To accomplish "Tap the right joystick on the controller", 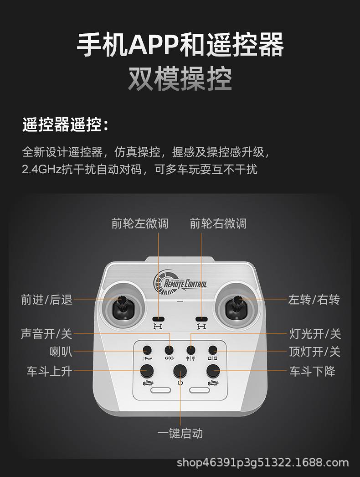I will click(x=237, y=306).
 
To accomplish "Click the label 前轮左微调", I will click(x=139, y=223).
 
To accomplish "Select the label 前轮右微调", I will click(x=218, y=223).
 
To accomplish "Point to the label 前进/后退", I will click(x=46, y=300).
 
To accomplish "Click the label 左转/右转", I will click(x=314, y=300).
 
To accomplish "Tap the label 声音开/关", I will click(x=46, y=334).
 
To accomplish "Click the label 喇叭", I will click(x=61, y=352).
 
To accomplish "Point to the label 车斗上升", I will click(x=49, y=371).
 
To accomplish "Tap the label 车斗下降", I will click(x=312, y=371).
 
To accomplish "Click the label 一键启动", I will click(x=180, y=433).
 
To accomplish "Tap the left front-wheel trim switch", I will click(x=158, y=319).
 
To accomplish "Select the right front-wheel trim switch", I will click(x=201, y=319).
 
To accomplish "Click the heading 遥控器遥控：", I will click(x=66, y=124).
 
